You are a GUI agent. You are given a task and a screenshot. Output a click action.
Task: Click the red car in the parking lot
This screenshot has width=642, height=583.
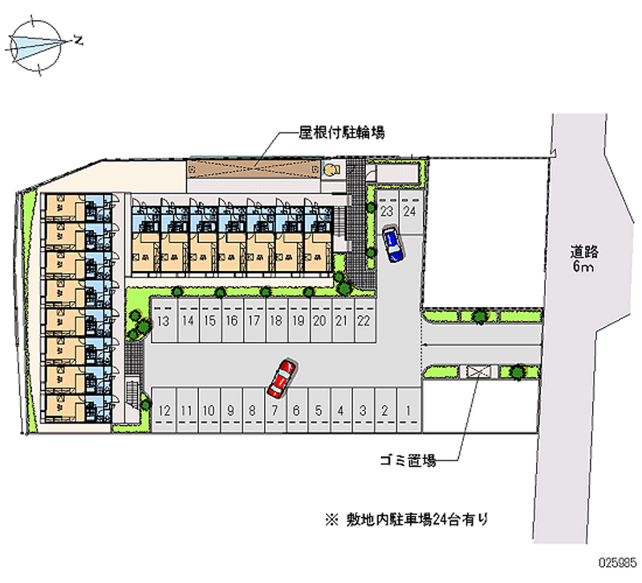[282, 379]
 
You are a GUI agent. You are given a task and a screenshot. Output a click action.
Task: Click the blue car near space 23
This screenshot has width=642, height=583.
[392, 245]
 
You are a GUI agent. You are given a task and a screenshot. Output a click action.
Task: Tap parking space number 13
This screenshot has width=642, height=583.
[163, 322]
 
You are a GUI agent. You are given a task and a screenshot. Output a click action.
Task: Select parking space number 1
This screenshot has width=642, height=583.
[408, 411]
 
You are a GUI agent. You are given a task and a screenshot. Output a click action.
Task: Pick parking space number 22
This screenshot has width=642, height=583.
[364, 322]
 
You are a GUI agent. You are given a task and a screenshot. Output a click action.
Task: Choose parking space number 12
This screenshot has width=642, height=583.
[165, 411]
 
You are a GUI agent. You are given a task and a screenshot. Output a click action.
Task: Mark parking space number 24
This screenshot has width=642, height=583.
[409, 213]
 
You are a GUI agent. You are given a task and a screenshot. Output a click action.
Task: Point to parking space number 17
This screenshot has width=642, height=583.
[253, 322]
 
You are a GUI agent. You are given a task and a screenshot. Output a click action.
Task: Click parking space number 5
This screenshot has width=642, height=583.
[319, 411]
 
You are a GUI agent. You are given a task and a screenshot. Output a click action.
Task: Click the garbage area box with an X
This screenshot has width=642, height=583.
[479, 372]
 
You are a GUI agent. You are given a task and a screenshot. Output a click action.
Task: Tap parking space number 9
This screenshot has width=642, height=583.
[230, 411]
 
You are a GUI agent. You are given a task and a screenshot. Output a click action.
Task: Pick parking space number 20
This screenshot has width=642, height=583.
[319, 322]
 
